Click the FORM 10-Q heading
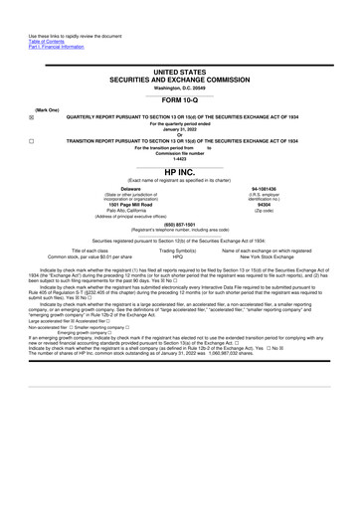[x=180, y=101]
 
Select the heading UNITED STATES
[x=180, y=74]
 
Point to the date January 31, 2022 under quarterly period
[x=180, y=129]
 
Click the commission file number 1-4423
[x=180, y=159]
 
